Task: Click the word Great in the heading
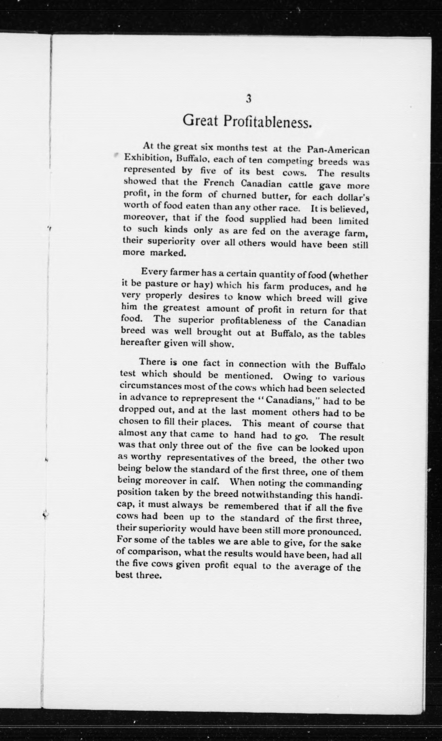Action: tap(200, 120)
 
